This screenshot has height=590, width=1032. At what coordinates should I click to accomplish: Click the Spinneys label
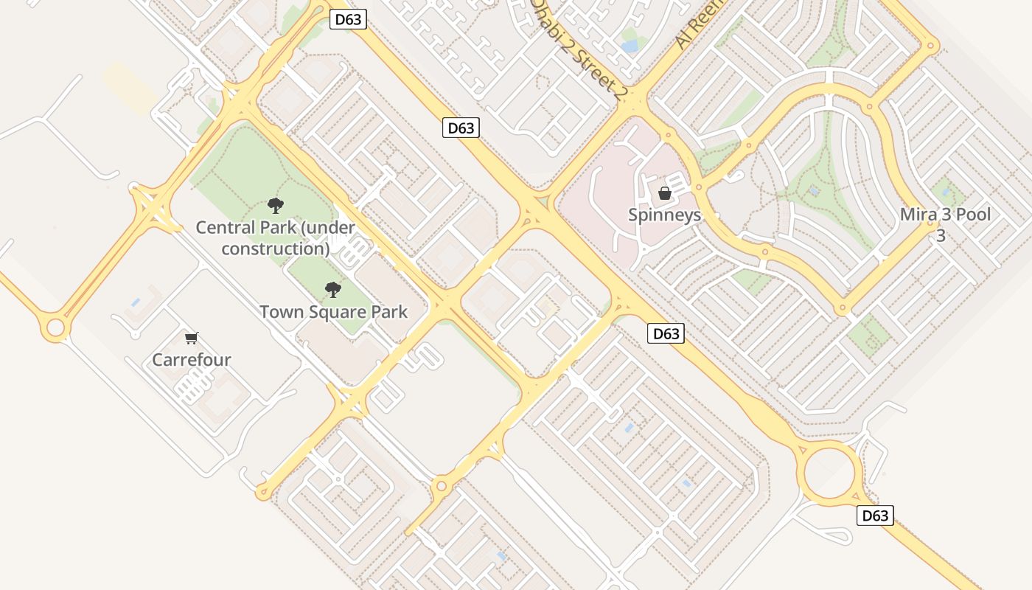664,215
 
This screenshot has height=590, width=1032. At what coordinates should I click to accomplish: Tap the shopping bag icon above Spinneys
665,193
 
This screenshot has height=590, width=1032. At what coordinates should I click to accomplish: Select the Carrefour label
192,360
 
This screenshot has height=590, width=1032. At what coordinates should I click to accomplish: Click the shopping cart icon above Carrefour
192,338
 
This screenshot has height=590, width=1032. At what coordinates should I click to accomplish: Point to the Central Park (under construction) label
276,237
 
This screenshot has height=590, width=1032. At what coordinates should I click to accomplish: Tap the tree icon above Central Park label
276,206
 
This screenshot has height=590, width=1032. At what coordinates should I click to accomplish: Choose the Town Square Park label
333,312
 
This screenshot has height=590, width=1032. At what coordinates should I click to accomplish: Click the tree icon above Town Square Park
333,289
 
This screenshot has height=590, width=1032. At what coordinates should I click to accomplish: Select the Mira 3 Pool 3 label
945,225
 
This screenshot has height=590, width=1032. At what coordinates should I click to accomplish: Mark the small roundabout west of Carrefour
55,328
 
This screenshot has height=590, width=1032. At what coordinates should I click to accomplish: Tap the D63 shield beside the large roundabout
875,516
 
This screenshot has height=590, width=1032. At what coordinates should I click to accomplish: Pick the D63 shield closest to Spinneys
666,333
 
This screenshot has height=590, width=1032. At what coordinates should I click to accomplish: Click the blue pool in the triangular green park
814,190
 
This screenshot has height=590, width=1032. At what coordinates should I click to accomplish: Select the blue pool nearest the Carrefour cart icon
135,302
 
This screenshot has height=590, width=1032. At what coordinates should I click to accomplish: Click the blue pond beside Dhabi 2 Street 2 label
630,46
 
